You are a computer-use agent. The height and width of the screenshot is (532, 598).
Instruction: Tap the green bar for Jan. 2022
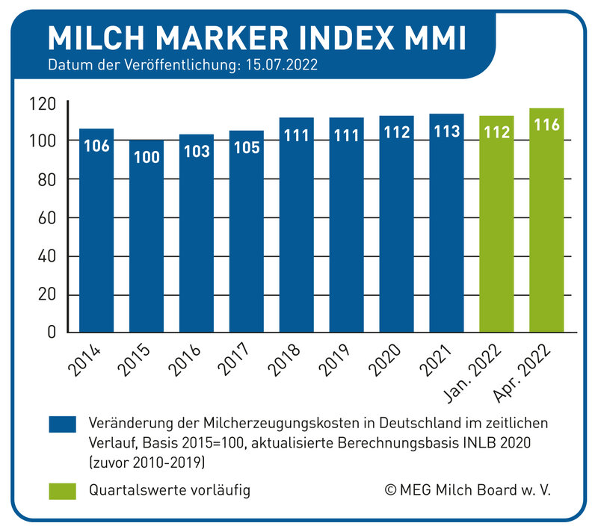click(496, 224)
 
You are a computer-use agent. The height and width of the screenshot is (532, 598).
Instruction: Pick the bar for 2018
click(297, 225)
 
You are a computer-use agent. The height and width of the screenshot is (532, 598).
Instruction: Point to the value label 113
click(446, 132)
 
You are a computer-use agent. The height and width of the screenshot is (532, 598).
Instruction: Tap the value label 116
click(546, 126)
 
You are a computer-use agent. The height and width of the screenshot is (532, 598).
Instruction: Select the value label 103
click(197, 151)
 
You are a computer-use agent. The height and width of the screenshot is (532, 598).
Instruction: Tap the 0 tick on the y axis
click(52, 332)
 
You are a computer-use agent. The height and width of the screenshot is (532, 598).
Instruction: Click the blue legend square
click(64, 424)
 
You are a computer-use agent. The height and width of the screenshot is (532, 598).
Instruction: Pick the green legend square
click(64, 491)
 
